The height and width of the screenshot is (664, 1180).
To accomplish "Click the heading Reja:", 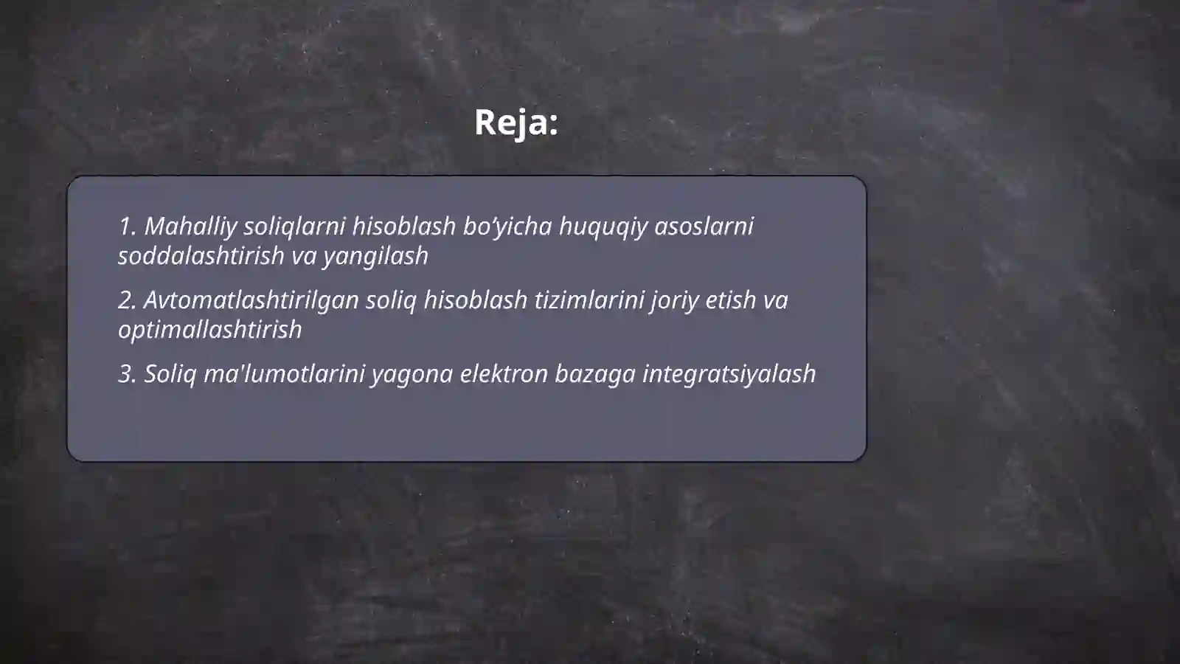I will point(516,122).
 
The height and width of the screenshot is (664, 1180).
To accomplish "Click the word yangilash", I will point(375,256).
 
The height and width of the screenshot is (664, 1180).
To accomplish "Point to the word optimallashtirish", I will point(210,330).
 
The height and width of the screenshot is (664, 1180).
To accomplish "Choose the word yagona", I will point(412,374).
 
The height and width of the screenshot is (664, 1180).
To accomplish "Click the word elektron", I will point(504,374).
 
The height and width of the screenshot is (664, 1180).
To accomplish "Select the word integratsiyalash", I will point(729,374).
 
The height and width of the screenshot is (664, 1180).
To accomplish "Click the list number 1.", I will point(127,226).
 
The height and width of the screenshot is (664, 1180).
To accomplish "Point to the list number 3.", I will point(127,374).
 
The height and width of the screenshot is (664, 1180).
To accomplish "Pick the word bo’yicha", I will point(507,226).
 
